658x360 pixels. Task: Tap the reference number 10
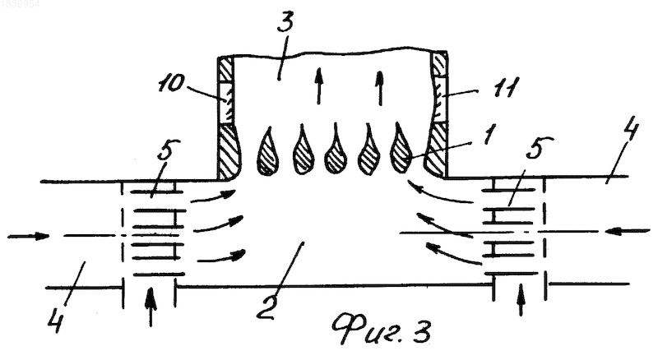coord(172,84)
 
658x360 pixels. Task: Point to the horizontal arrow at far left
coord(29,236)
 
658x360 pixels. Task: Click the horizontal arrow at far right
coord(628,230)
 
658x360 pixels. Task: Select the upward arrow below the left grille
coord(151,307)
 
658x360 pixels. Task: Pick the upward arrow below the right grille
coord(521,299)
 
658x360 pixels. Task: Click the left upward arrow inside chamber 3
coord(319,86)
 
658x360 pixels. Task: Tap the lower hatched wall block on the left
coord(229,151)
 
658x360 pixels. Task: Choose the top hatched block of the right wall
coord(440,64)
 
